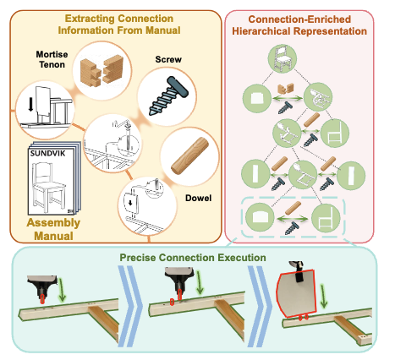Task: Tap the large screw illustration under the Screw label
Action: click(168, 95)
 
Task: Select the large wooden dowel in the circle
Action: click(189, 155)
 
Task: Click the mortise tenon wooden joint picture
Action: click(101, 71)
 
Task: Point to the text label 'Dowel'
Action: click(198, 198)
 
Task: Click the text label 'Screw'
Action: click(168, 59)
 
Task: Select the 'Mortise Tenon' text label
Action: click(52, 59)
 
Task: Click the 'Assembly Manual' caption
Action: click(53, 229)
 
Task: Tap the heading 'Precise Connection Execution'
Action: click(193, 258)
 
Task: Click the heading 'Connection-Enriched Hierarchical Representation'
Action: click(299, 25)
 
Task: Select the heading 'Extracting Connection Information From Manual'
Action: click(119, 25)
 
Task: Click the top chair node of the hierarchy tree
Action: click(282, 58)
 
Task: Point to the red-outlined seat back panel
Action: click(296, 293)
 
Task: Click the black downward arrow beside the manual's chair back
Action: click(30, 105)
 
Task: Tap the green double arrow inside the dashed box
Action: click(293, 219)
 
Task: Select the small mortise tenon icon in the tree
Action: click(285, 89)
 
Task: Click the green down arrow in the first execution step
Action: click(62, 289)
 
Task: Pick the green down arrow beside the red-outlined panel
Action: click(324, 296)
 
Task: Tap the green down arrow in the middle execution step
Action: click(200, 283)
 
